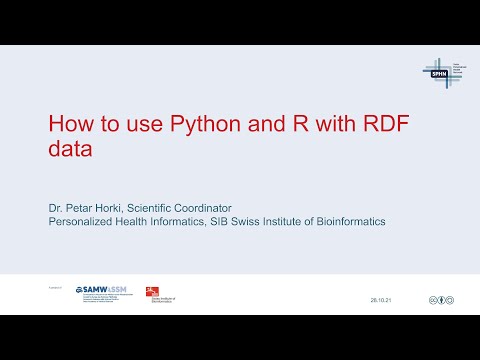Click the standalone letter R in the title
tap(305, 127)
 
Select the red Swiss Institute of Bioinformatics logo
tap(157, 293)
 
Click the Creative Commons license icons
tap(442, 299)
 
